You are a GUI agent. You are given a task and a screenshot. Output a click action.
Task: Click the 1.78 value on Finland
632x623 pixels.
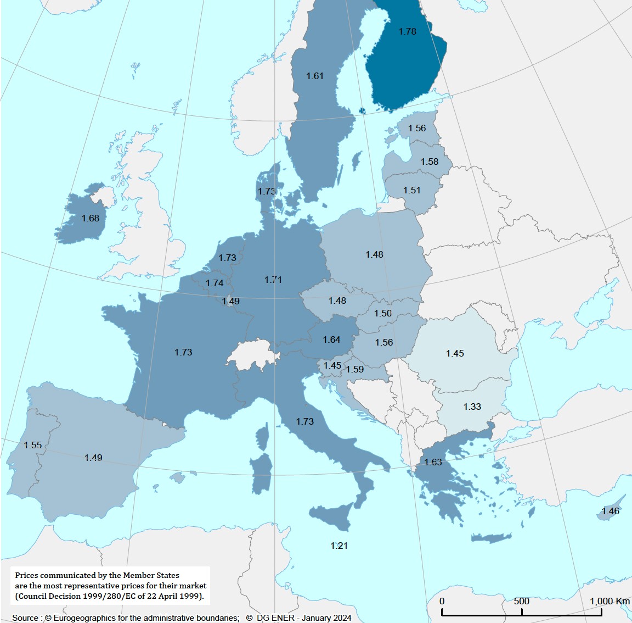(x=407, y=31)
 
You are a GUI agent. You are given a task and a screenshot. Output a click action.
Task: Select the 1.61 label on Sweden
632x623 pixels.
(x=315, y=76)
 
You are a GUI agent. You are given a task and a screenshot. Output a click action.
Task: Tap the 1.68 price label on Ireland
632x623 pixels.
(x=91, y=218)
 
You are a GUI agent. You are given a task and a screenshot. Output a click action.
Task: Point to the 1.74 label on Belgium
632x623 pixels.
(x=215, y=283)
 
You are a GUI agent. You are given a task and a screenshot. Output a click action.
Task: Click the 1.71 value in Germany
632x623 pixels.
(x=273, y=280)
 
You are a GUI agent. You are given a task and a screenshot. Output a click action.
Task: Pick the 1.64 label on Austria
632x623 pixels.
(x=331, y=340)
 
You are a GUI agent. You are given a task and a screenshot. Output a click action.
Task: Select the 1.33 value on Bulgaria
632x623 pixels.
(x=472, y=407)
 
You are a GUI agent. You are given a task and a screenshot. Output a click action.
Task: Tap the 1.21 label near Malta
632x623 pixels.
(x=339, y=546)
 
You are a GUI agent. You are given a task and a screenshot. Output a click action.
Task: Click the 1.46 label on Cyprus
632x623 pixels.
(x=610, y=511)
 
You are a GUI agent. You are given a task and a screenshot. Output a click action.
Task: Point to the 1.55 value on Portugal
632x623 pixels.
(x=33, y=445)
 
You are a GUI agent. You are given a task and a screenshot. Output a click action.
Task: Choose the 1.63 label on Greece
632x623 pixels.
(x=433, y=462)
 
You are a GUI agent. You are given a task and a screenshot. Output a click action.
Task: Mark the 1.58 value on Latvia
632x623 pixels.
(x=430, y=162)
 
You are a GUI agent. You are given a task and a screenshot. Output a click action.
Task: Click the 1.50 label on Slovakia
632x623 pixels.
(x=383, y=313)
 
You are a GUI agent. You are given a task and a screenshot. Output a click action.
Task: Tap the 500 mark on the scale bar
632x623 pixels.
(x=521, y=601)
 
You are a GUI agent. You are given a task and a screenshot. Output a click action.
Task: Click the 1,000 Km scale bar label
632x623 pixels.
(x=610, y=601)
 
